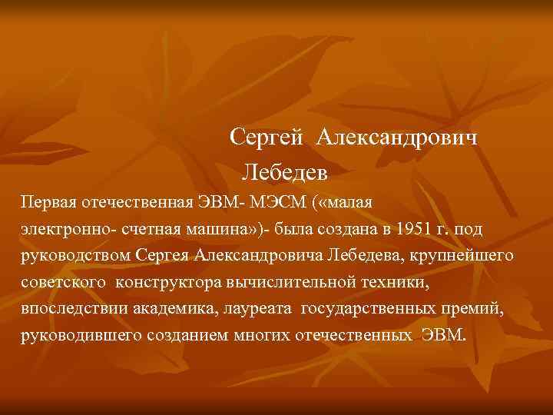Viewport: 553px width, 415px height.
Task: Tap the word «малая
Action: (x=346, y=204)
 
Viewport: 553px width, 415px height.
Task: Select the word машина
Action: (x=219, y=230)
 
